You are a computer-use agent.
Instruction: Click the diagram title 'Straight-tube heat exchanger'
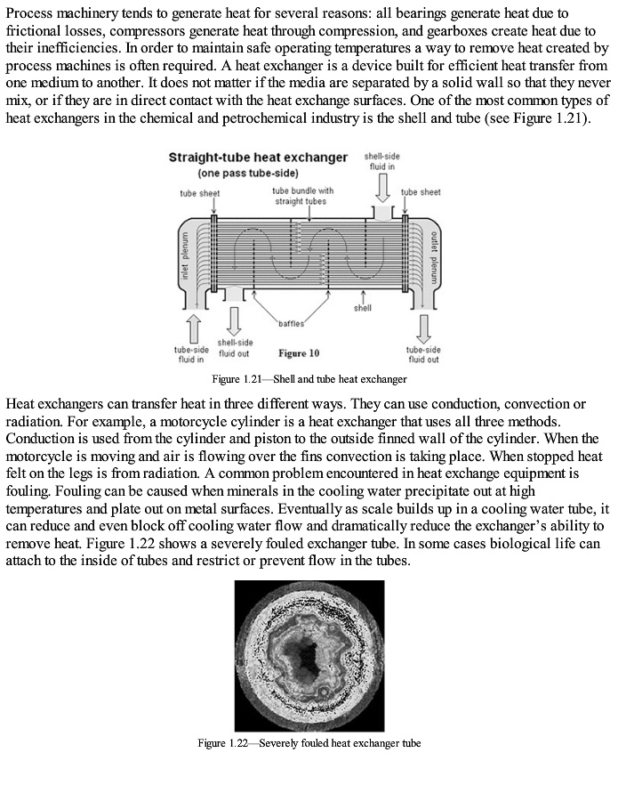click(258, 158)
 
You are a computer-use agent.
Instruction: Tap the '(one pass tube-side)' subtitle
click(247, 173)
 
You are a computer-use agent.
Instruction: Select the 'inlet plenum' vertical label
click(186, 255)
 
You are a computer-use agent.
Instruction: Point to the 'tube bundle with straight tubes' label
click(303, 195)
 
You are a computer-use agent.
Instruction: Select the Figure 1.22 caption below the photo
click(309, 743)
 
